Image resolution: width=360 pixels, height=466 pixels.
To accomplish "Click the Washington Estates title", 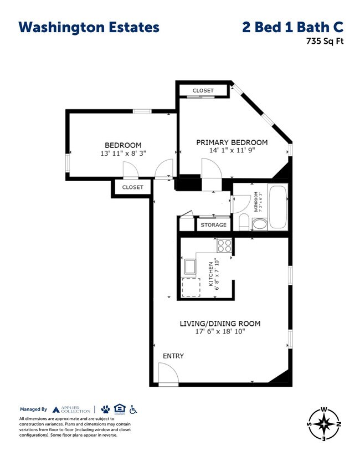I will click(x=89, y=27).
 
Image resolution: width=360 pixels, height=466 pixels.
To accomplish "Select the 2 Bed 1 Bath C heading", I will click(x=292, y=27).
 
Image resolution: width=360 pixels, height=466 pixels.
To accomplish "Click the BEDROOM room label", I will click(x=123, y=145).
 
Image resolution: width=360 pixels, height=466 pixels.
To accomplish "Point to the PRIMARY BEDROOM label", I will click(x=232, y=142).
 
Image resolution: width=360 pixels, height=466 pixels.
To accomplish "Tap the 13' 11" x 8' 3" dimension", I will click(x=123, y=153).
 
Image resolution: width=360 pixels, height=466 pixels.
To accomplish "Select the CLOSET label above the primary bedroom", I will click(x=203, y=90).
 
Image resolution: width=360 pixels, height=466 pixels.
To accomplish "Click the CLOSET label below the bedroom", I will click(x=132, y=187).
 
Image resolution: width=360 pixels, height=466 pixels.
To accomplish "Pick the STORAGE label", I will click(x=213, y=225).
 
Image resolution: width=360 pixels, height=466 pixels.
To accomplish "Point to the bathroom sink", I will click(x=259, y=224).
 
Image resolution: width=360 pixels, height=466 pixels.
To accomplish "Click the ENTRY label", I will click(x=173, y=356).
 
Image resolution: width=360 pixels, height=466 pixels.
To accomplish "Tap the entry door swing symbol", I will click(x=168, y=373).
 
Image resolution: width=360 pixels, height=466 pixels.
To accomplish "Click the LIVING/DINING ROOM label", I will click(x=220, y=323).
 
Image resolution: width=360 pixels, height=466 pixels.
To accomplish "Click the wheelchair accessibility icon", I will click(x=133, y=409).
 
